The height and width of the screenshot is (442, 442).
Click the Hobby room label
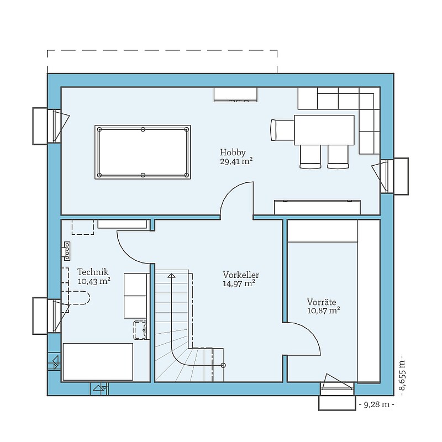pyautogui.click(x=233, y=153)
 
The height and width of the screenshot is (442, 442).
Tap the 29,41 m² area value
pyautogui.click(x=236, y=161)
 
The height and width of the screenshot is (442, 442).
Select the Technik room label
pyautogui.click(x=93, y=272)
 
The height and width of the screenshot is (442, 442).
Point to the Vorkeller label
pyautogui.click(x=241, y=275)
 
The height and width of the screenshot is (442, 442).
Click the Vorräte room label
pyautogui.click(x=322, y=302)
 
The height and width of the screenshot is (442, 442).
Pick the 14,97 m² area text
pyautogui.click(x=239, y=283)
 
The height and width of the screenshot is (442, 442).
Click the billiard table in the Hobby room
pyautogui.click(x=143, y=152)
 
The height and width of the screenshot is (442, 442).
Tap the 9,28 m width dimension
pyautogui.click(x=377, y=405)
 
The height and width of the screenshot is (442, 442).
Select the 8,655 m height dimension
pyautogui.click(x=402, y=372)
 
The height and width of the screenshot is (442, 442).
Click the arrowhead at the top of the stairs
pyautogui.click(x=171, y=276)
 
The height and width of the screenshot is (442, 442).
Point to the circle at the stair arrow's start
pyautogui.click(x=223, y=365)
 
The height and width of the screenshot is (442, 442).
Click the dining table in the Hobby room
pyautogui.click(x=324, y=130)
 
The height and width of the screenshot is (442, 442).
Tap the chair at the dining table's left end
pyautogui.click(x=282, y=130)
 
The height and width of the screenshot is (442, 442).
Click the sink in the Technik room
pyautogui.click(x=140, y=330)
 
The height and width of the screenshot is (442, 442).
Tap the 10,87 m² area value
pyautogui.click(x=323, y=311)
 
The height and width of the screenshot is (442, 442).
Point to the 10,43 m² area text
pyautogui.click(x=94, y=281)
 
